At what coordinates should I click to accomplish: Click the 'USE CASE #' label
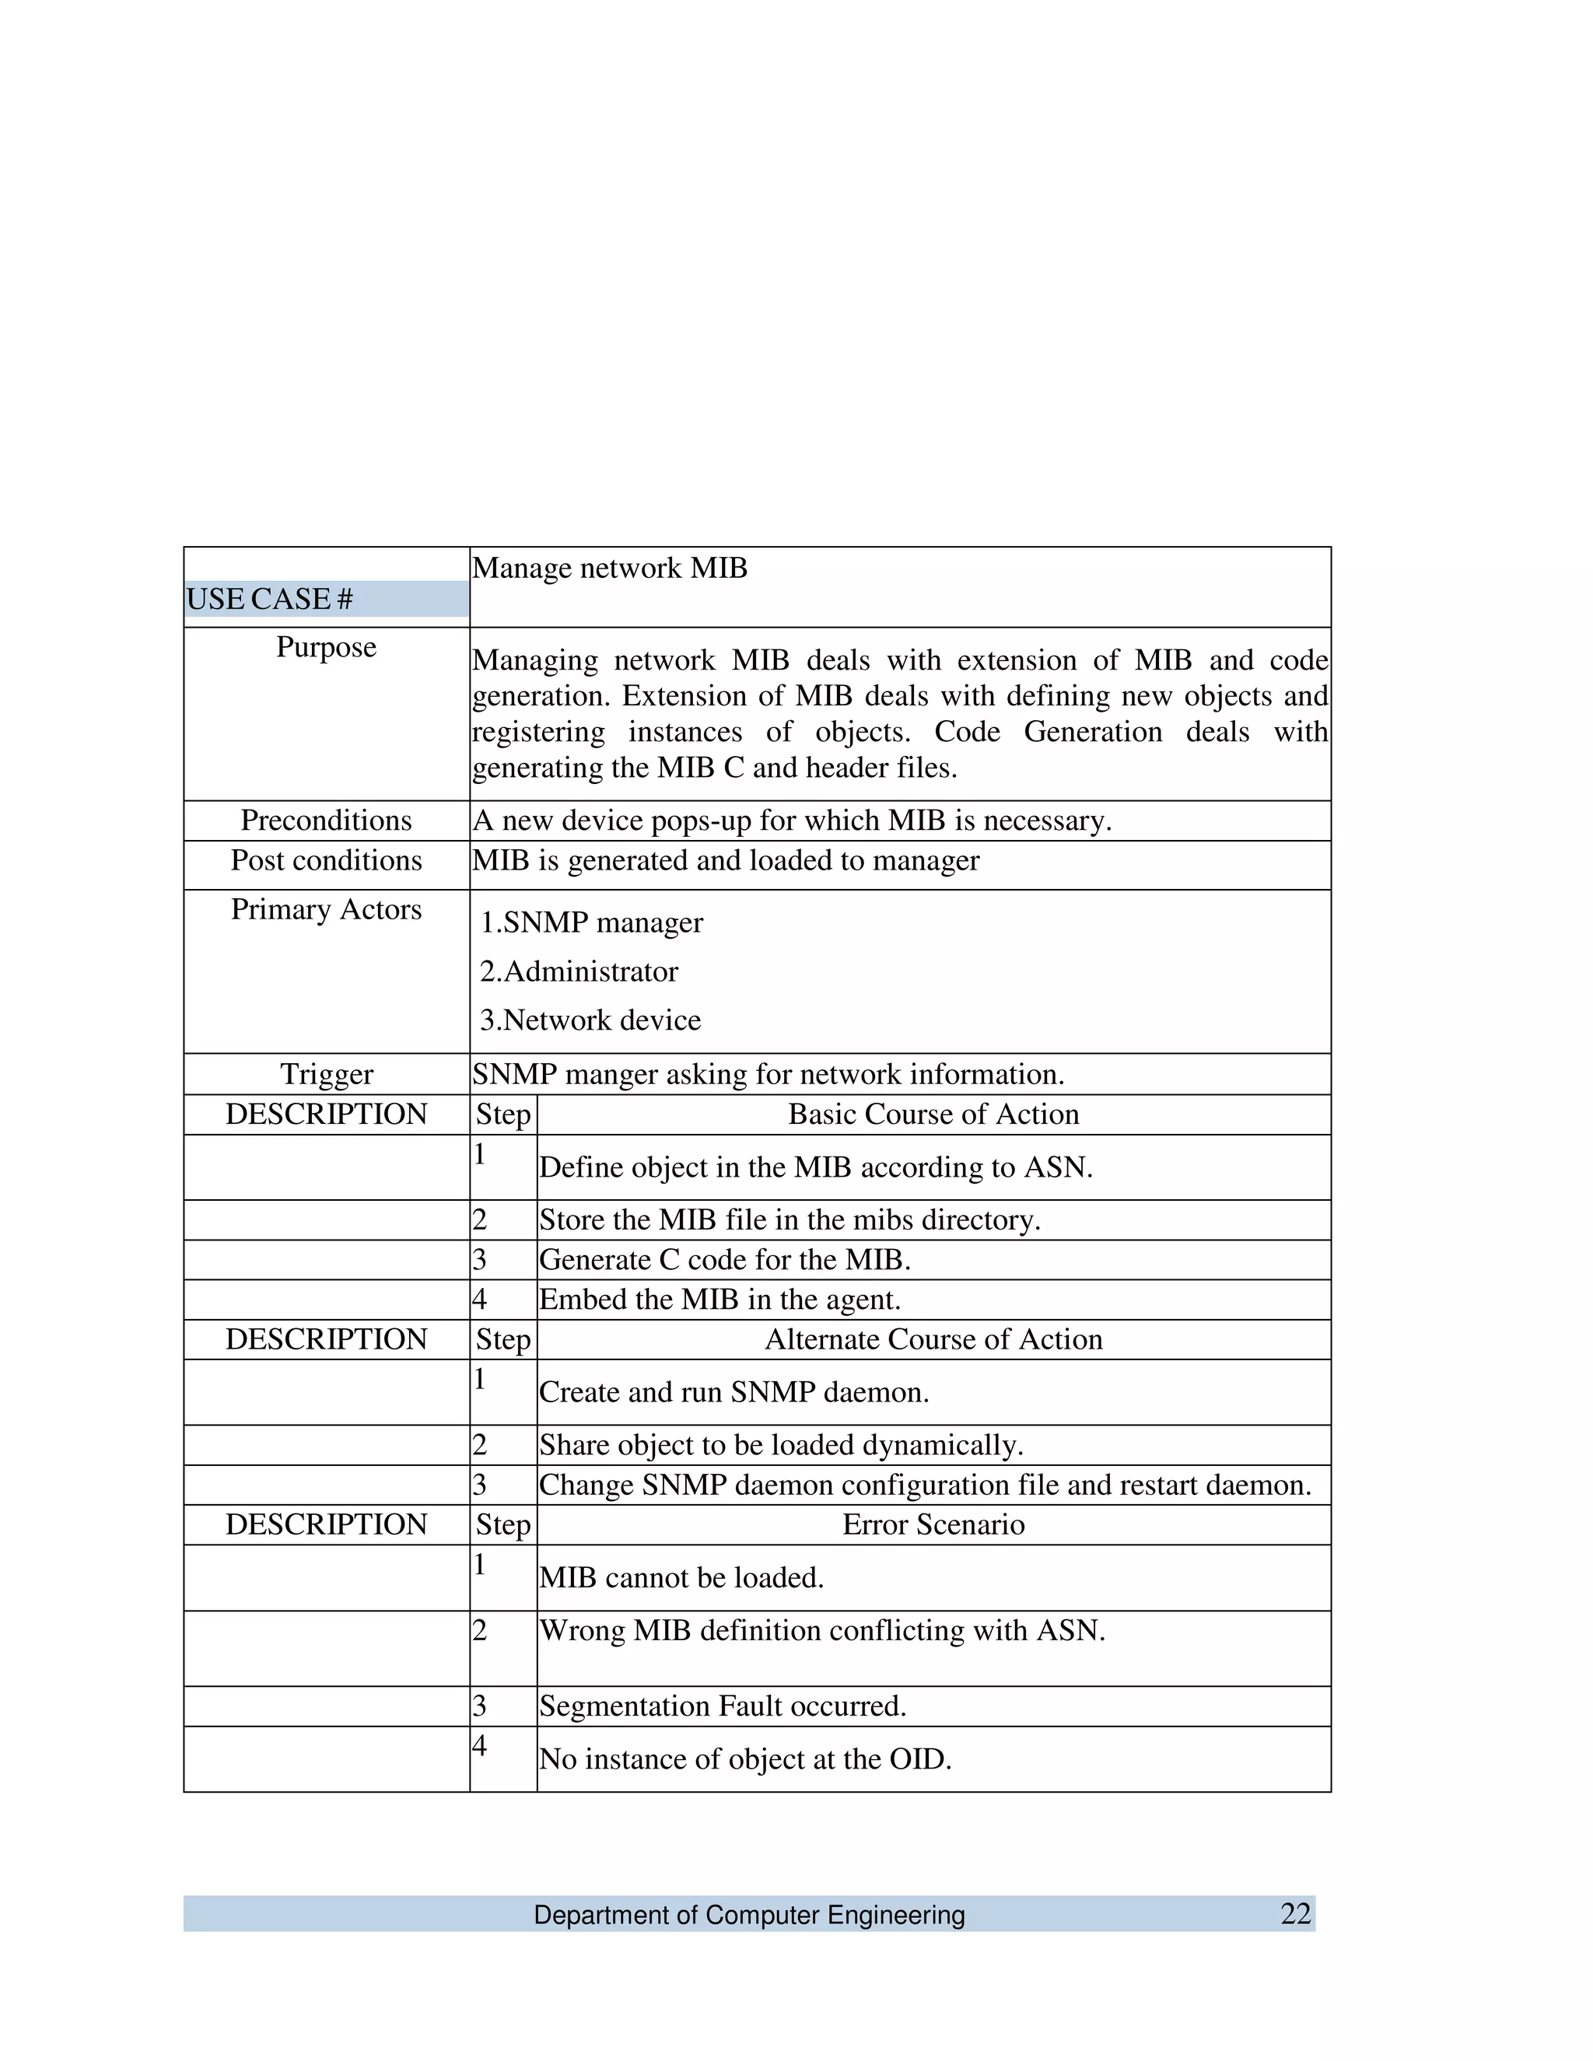(x=270, y=598)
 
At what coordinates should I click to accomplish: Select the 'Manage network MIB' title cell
(x=610, y=568)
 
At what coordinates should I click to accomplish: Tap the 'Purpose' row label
(x=327, y=647)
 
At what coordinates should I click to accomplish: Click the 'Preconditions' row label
(x=327, y=820)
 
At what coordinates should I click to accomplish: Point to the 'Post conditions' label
(x=327, y=861)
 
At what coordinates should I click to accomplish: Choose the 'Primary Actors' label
(x=327, y=910)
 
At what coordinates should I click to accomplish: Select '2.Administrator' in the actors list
(x=579, y=971)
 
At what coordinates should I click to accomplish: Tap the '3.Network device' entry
(x=591, y=1020)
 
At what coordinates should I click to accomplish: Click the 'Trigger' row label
(x=327, y=1074)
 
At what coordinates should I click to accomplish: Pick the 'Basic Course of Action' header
(x=933, y=1114)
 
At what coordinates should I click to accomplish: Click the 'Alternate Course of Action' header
(x=933, y=1340)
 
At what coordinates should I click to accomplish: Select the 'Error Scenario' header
(x=933, y=1525)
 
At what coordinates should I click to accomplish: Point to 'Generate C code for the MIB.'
(x=725, y=1260)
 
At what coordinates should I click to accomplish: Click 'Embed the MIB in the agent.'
(x=720, y=1300)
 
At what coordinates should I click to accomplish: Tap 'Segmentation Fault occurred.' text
(x=723, y=1706)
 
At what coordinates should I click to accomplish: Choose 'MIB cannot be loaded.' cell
(x=681, y=1578)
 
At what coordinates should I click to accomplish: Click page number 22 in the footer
(x=1296, y=1914)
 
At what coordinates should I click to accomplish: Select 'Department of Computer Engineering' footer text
(x=749, y=1915)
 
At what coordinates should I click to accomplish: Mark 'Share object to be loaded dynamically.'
(x=782, y=1445)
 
